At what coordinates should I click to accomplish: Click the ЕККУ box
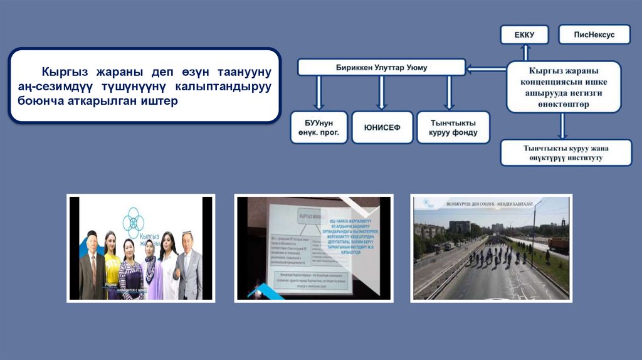pos(524,34)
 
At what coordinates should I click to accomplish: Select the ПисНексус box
pos(594,34)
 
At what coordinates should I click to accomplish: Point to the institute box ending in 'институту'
pos(566,153)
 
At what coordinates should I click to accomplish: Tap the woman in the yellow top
pos(112,263)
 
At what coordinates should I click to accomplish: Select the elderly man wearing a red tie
pos(92,267)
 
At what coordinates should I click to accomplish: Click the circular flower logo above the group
pos(135,222)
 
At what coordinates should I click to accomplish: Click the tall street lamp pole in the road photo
pos(534,232)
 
